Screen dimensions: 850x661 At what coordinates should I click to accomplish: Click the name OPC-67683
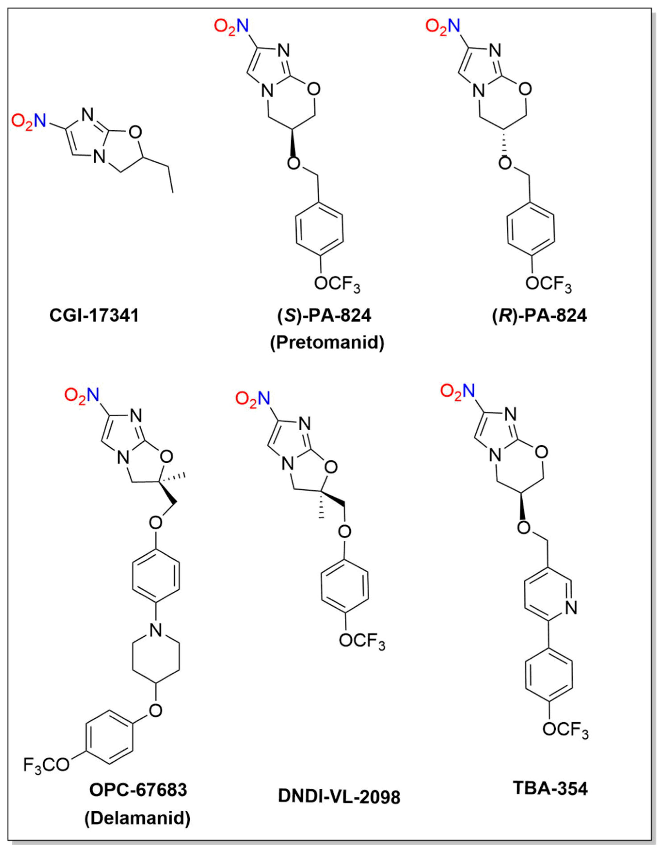pos(138,790)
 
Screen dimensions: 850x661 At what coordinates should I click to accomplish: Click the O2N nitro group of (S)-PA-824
pos(231,28)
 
